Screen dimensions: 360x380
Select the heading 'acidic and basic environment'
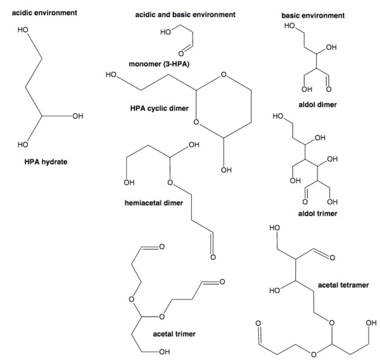pos(177,14)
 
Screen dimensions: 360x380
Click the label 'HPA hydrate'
pos(46,162)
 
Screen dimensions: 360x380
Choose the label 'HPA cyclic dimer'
pos(160,109)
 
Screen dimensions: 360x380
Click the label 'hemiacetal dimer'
pos(155,203)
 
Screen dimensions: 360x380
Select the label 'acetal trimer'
pos(174,333)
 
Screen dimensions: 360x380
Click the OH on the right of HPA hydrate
pos(78,116)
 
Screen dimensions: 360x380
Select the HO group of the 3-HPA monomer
pos(166,32)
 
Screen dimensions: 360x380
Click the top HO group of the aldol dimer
pos(289,26)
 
